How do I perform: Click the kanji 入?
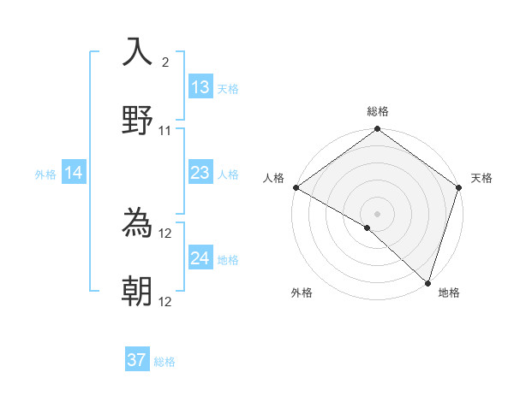[x=137, y=53]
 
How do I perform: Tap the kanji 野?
[x=137, y=120]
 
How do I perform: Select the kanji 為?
[x=137, y=224]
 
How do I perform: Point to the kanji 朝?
[x=137, y=292]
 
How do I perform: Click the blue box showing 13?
[x=200, y=87]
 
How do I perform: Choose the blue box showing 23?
[x=200, y=173]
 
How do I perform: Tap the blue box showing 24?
[x=200, y=258]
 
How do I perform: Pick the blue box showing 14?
[x=74, y=173]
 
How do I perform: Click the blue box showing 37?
[x=137, y=360]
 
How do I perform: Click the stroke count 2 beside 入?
[x=165, y=62]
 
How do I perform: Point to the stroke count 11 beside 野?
[x=165, y=131]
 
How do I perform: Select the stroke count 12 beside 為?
[x=166, y=234]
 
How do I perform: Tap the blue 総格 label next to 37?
[x=164, y=362]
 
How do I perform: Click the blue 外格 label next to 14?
[x=45, y=174]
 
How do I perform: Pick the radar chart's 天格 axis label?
[x=481, y=178]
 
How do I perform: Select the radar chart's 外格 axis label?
[x=302, y=293]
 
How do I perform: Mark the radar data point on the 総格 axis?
[x=377, y=130]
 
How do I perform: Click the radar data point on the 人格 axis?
[x=296, y=187]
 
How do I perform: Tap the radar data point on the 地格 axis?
[x=427, y=283]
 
